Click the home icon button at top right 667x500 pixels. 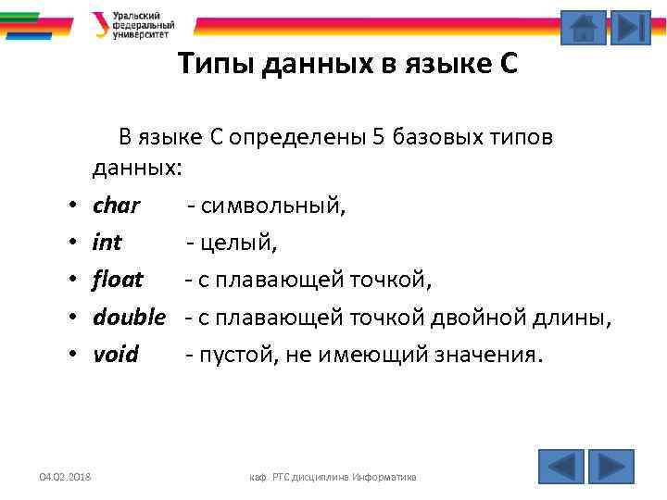tap(584, 28)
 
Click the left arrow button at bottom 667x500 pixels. tap(561, 465)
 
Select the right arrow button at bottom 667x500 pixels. tap(611, 465)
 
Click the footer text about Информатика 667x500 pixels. tap(333, 477)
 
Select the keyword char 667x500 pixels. tap(117, 205)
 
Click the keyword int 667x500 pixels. tap(107, 242)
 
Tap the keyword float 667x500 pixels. tap(119, 279)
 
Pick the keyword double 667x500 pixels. tap(129, 317)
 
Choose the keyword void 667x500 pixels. tap(116, 354)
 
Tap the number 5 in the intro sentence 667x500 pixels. tap(378, 138)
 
